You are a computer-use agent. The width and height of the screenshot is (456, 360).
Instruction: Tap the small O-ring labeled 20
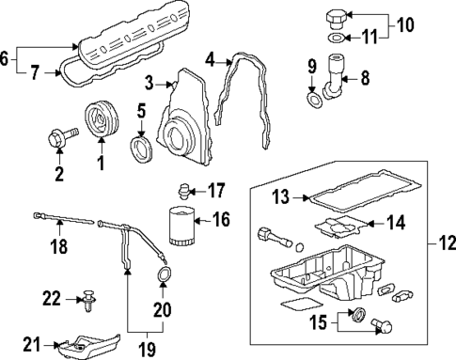click(164, 274)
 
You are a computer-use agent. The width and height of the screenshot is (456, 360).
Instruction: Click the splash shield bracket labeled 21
click(86, 347)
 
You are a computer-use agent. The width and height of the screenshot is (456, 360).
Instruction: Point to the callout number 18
click(58, 248)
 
